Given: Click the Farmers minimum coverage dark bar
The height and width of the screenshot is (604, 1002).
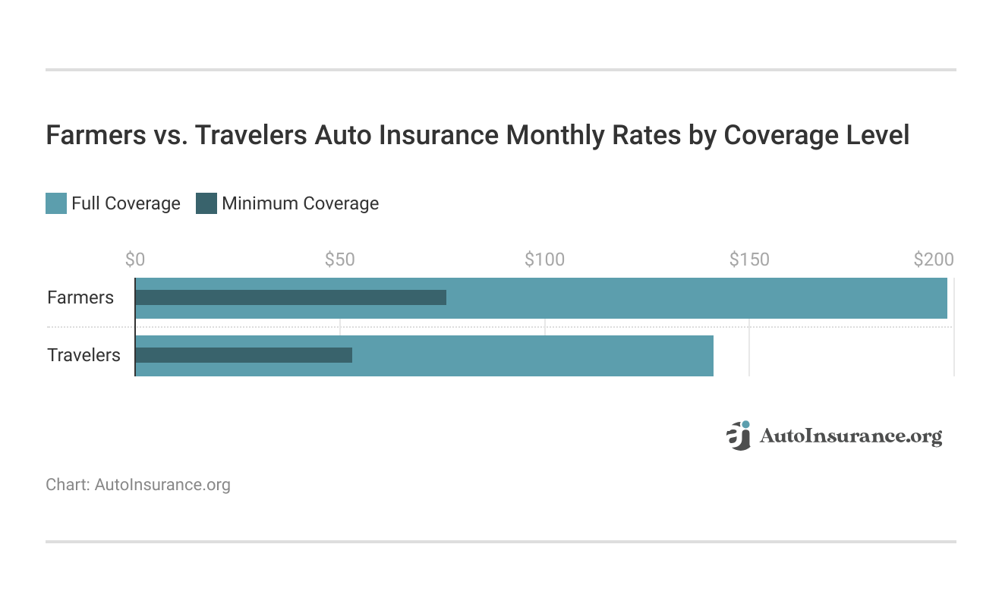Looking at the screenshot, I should point(291,297).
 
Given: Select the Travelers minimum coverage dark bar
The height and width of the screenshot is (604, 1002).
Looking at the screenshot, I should point(244,355).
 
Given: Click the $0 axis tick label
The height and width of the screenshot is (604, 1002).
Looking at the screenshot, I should point(134,260).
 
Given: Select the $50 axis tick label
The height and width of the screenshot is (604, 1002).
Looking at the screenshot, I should point(339,260).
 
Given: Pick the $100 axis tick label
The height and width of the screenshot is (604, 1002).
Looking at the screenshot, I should point(544,260).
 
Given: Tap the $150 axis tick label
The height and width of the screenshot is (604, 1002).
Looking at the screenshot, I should point(749,260).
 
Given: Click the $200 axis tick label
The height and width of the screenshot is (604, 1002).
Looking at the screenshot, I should point(933,260).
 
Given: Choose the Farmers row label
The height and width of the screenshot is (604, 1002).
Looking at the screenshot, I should point(80,297).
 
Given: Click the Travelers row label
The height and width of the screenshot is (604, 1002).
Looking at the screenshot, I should point(83,355).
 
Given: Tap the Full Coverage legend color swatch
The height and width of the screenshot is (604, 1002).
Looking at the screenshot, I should point(56,203).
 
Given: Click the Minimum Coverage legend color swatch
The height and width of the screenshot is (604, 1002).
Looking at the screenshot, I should point(206,203).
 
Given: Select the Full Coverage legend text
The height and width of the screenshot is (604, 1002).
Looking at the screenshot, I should point(126,203).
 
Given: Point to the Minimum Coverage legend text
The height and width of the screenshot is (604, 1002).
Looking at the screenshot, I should point(300,203).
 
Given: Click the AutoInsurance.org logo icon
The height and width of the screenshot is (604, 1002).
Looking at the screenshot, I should point(738,436).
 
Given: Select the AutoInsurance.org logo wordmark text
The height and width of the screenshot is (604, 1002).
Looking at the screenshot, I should point(850,436).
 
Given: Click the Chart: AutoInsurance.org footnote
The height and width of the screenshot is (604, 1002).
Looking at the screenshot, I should point(138,484).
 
